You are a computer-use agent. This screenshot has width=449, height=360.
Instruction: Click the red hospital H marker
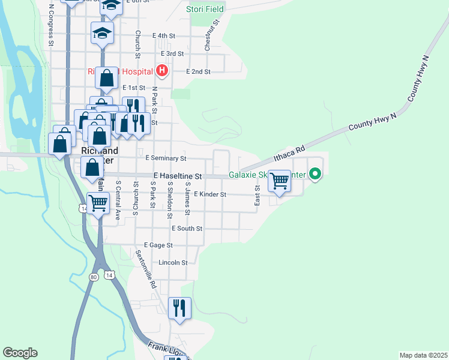(x=161, y=71)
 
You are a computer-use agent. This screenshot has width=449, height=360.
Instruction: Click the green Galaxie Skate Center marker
(x=315, y=175)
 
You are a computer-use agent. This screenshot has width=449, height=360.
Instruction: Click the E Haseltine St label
(x=177, y=176)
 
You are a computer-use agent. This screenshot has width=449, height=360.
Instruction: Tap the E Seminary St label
(x=166, y=158)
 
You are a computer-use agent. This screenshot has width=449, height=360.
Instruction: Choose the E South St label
(x=187, y=229)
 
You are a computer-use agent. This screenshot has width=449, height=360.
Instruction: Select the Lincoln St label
(x=173, y=263)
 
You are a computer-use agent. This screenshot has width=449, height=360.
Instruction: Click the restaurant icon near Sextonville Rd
(x=179, y=308)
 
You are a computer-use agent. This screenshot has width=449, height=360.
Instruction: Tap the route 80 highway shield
(x=93, y=277)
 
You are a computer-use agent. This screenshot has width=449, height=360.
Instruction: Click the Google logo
(x=20, y=353)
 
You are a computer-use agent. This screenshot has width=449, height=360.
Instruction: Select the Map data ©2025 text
(x=423, y=355)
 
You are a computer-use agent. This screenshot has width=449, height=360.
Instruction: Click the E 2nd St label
(x=198, y=71)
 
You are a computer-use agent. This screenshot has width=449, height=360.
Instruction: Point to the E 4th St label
(x=163, y=36)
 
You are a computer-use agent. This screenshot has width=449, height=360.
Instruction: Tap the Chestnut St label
(x=211, y=28)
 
